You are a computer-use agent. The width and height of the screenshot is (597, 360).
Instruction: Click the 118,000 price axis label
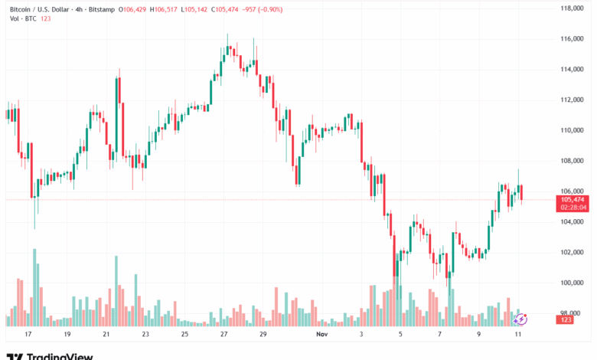coord(573,8)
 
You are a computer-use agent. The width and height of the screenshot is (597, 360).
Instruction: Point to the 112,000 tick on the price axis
coord(573,100)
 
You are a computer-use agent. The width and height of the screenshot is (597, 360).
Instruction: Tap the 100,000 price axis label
coord(573,283)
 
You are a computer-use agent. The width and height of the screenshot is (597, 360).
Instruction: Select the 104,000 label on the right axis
coord(573,222)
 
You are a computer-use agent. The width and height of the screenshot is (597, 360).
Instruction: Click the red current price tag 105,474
coord(573,199)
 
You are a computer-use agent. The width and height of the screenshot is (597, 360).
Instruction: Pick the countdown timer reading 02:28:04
coord(573,207)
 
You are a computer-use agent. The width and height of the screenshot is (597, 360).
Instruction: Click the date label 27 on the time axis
coord(223,335)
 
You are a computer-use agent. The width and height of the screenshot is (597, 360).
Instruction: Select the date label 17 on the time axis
coord(28,335)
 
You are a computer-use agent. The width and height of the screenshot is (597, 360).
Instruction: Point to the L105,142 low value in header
coord(202,8)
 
